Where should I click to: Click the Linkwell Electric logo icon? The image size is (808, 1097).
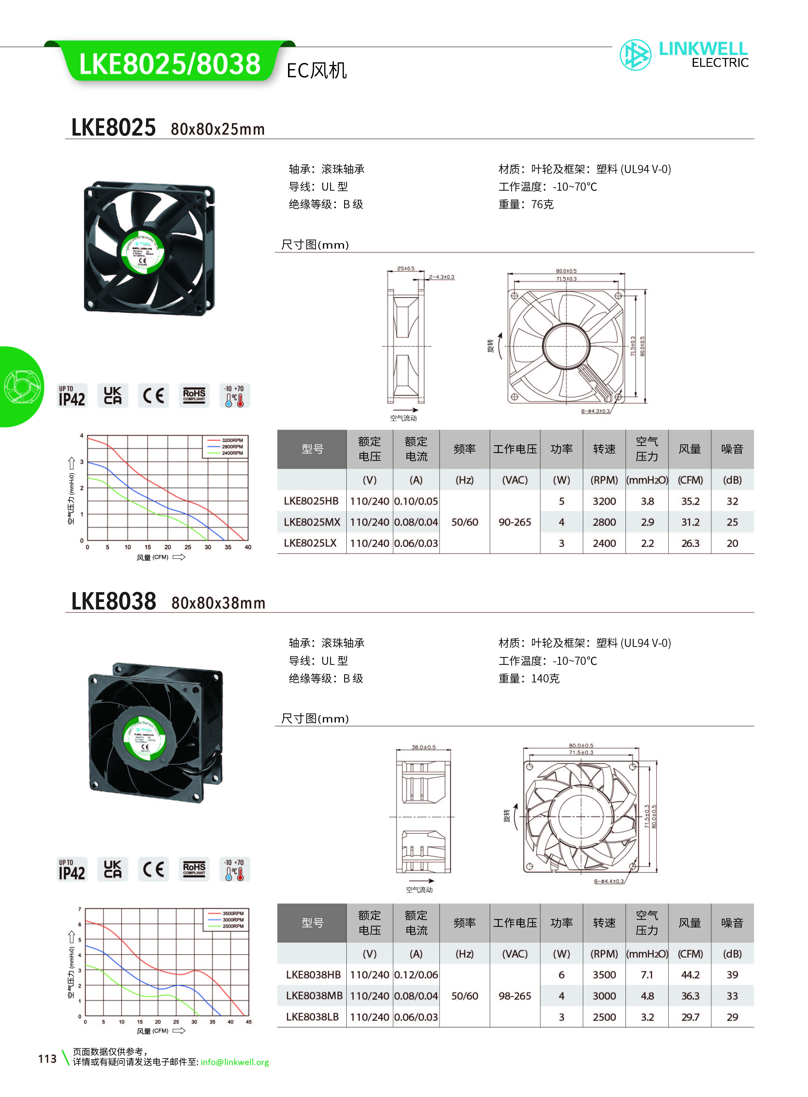coord(635,55)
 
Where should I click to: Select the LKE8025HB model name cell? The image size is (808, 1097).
coord(311,501)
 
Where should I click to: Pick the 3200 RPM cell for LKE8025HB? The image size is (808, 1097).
coord(604,501)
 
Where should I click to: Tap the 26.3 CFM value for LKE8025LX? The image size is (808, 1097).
coord(690,543)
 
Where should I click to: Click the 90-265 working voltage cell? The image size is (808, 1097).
coord(514,522)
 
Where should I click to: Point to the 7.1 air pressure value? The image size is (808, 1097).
coord(647,975)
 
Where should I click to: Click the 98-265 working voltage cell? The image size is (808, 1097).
coord(514,996)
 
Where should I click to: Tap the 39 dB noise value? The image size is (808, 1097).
coord(732,975)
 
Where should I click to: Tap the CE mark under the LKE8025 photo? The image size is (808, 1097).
coord(153,395)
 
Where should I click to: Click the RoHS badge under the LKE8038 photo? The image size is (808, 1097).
coord(194,869)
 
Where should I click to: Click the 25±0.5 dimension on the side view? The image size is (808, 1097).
coord(406,269)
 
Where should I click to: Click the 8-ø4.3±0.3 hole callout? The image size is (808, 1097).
coord(595,411)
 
